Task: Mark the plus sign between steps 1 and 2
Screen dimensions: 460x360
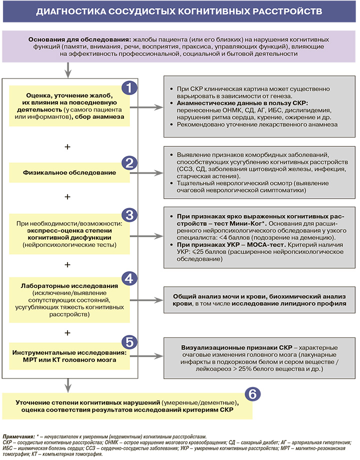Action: [x=67, y=147]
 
